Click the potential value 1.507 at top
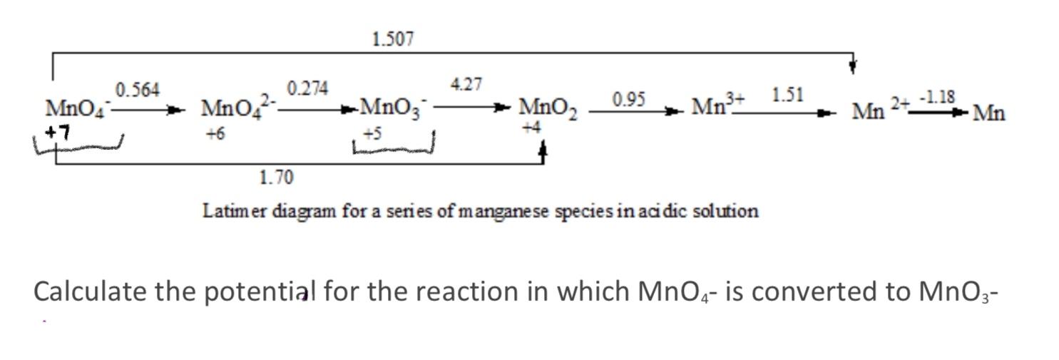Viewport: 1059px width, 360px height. click(392, 39)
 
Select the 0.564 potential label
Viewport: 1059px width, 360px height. click(138, 90)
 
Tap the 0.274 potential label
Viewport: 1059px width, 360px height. click(307, 88)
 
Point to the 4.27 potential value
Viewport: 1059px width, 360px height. click(466, 85)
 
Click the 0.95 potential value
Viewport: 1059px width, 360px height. click(628, 100)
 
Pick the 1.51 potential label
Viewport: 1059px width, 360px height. click(787, 95)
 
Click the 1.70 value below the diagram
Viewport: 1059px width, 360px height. click(276, 178)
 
